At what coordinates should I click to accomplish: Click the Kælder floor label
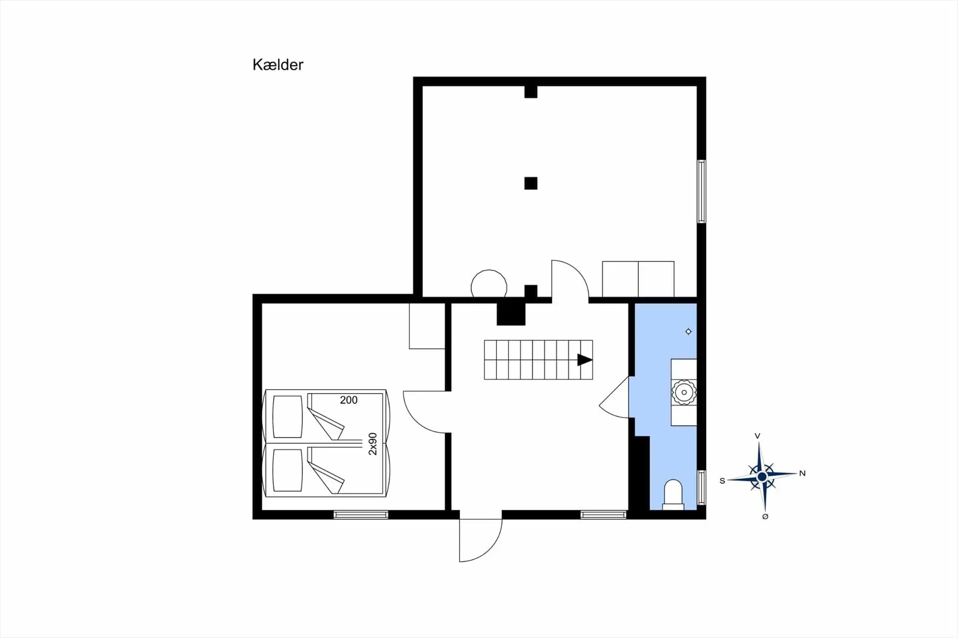click(x=278, y=65)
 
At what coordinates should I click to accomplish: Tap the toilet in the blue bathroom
click(x=673, y=495)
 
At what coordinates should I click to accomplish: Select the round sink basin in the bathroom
click(x=684, y=392)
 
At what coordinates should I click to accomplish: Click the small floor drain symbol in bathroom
click(x=689, y=331)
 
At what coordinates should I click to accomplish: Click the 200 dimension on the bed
click(x=349, y=400)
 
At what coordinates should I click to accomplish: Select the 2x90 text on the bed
click(x=373, y=444)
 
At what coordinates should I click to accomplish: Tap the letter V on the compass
click(x=757, y=436)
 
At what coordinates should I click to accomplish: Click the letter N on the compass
click(x=802, y=473)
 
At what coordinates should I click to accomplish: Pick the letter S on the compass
click(x=722, y=481)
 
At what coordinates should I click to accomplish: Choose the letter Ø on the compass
click(x=765, y=517)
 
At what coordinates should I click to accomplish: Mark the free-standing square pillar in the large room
click(x=531, y=183)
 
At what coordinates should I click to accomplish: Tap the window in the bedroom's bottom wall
click(x=361, y=515)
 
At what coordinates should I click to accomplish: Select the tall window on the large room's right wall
click(x=702, y=191)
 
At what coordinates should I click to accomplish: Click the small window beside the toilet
click(x=702, y=487)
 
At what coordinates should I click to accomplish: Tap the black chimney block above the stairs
click(x=511, y=314)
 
